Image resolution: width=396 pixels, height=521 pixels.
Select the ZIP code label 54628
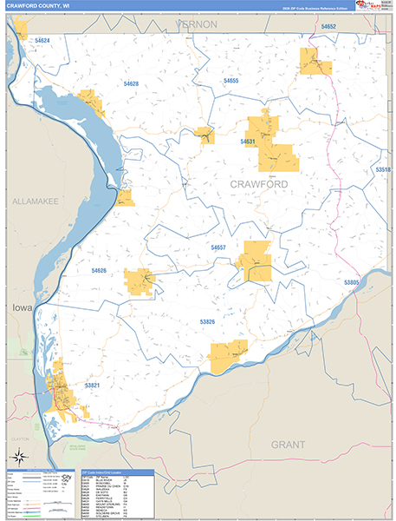click(131, 83)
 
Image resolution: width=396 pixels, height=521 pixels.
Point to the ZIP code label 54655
click(230, 81)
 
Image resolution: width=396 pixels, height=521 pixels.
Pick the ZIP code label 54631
click(249, 141)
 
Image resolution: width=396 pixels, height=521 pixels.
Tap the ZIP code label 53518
click(383, 170)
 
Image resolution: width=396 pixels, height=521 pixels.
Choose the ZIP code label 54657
click(218, 247)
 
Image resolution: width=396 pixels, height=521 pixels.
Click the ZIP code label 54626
click(99, 271)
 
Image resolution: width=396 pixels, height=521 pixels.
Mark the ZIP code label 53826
click(207, 321)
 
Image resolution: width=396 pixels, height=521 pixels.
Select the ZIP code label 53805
click(351, 283)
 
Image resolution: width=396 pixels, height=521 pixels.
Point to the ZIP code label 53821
click(93, 385)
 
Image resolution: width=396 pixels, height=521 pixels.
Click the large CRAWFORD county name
click(259, 185)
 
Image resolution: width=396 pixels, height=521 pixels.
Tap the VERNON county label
click(197, 24)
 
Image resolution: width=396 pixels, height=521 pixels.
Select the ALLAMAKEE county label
click(35, 201)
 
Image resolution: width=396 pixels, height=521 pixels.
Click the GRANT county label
click(288, 444)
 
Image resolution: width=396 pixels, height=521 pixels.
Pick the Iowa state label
click(21, 308)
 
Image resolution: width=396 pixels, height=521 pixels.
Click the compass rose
click(17, 458)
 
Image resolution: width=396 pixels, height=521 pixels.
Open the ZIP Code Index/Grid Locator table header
click(116, 473)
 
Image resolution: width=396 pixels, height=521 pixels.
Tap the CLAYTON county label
click(21, 439)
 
